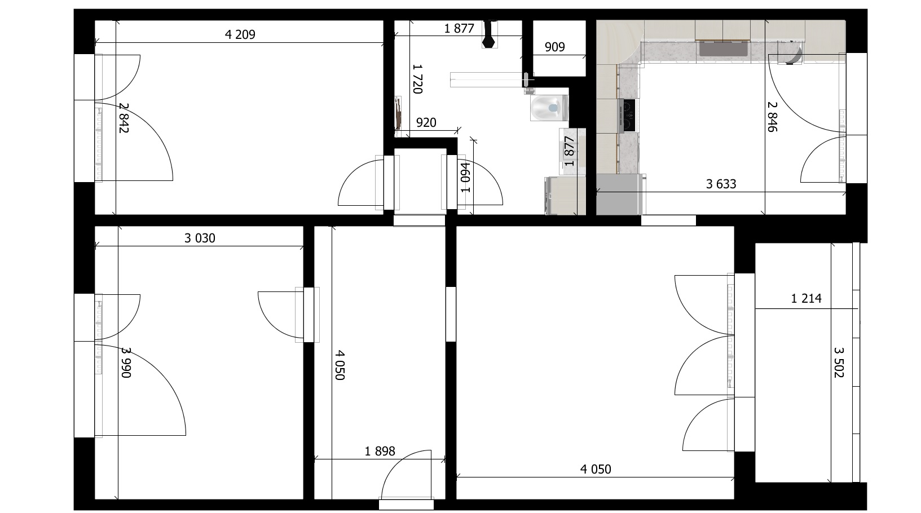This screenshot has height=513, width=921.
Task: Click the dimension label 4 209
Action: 240,34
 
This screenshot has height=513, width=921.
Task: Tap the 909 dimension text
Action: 554,47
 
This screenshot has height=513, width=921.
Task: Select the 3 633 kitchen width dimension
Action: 721,184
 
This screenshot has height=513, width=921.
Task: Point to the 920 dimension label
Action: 426,122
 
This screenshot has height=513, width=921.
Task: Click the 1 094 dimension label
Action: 465,178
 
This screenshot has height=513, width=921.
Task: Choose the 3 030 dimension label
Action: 200,238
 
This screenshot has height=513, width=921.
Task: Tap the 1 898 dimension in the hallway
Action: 380,452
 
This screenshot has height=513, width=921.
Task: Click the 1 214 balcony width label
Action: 807,298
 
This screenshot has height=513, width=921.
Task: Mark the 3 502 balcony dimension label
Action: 839,362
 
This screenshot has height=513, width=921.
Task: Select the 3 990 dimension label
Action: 126,362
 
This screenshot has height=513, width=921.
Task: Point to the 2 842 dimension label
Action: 124,118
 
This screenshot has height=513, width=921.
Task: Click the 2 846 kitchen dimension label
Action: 772,117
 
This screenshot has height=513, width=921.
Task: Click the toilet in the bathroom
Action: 549,108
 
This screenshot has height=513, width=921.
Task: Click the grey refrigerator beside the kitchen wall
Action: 620,194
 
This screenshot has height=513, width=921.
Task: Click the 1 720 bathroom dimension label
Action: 417,79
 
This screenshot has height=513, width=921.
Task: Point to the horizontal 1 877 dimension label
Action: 459,28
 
